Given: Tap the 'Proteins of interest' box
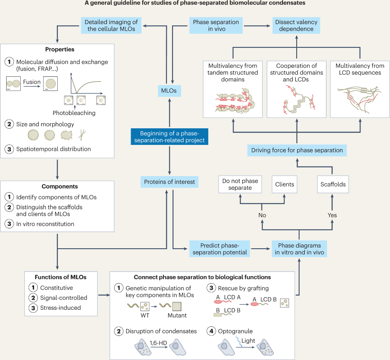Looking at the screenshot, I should point(169,181).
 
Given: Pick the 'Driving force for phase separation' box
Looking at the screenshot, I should point(297,150).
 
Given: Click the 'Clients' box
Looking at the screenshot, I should point(284,184).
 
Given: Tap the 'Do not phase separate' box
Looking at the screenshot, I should point(240,184).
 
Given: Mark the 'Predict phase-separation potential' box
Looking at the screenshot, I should point(218,248).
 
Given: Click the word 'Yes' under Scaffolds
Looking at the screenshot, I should point(332,215).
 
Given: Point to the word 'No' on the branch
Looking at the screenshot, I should point(262,215).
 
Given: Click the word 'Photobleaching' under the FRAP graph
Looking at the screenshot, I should point(74,113).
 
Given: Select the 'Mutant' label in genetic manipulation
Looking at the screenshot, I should point(177,315).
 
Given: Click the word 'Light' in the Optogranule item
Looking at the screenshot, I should point(260,340).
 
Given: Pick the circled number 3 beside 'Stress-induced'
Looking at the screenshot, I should point(32,308).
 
